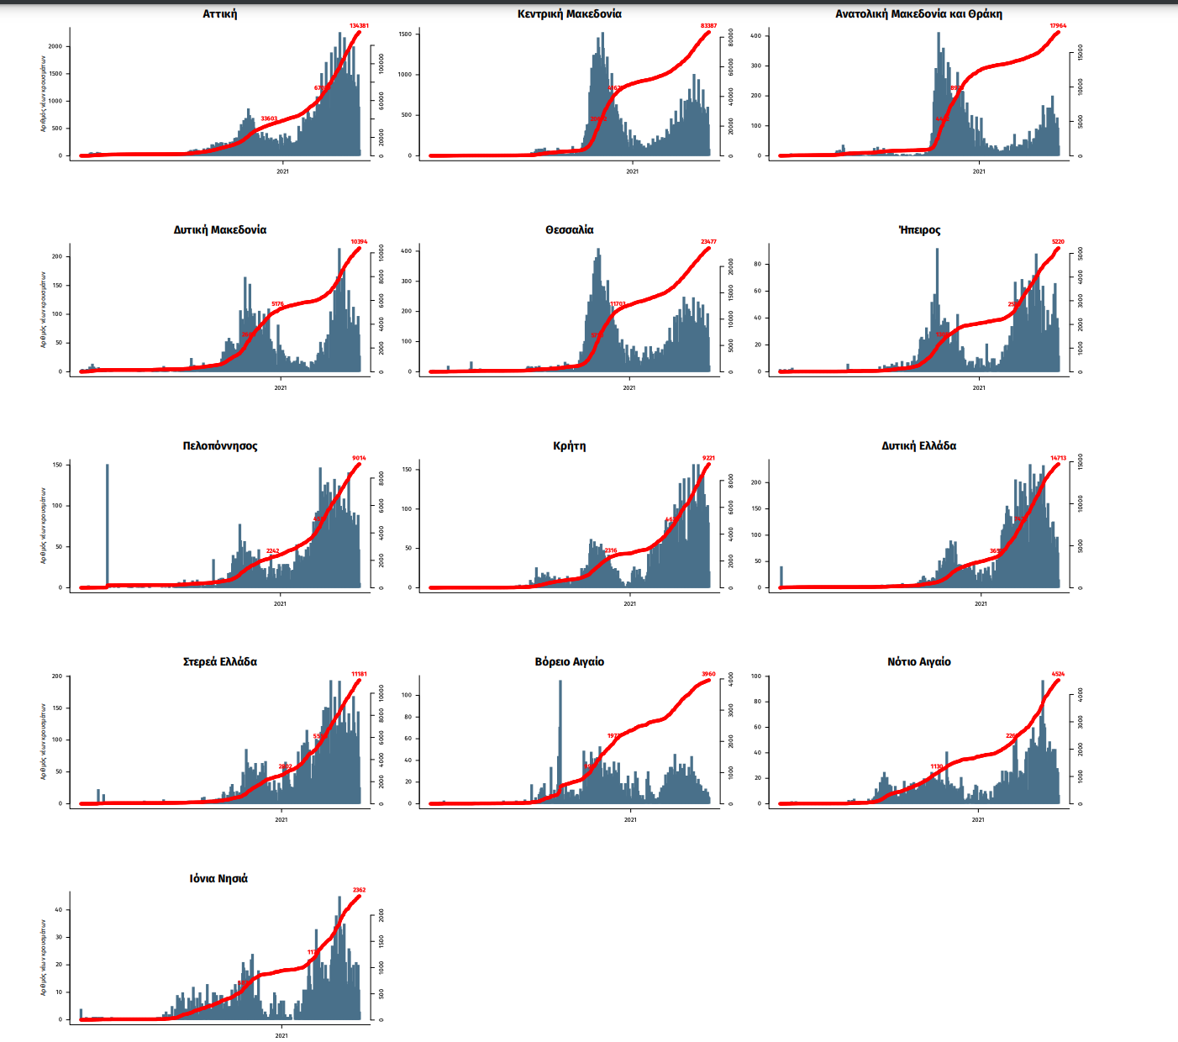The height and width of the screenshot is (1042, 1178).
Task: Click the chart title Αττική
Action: click(x=219, y=13)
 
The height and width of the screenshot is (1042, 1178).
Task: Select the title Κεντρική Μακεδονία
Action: click(x=570, y=13)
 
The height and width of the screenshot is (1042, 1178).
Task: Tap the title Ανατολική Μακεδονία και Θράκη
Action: click(x=918, y=13)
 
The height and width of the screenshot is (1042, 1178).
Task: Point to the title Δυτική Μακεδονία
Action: click(x=220, y=229)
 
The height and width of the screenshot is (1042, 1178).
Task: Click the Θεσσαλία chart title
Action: click(x=570, y=229)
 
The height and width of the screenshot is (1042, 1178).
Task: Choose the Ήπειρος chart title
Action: click(x=919, y=229)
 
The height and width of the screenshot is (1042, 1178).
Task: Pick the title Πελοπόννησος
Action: click(x=220, y=445)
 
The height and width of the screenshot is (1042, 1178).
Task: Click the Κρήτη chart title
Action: click(x=570, y=445)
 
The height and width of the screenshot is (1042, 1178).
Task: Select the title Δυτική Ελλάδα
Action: click(x=918, y=445)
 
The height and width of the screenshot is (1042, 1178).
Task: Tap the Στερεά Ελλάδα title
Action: click(x=220, y=661)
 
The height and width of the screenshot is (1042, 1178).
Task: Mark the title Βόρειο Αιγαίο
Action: click(x=570, y=661)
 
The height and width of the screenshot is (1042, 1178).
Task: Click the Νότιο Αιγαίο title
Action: click(x=919, y=661)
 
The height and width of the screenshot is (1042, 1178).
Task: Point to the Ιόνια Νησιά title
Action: click(x=218, y=878)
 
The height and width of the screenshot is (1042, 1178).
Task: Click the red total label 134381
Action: click(x=359, y=26)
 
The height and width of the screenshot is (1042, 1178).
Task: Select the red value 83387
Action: click(x=708, y=26)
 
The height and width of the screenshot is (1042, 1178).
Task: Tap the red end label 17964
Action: click(x=1058, y=26)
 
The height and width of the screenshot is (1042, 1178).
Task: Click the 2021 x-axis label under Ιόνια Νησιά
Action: click(x=281, y=1035)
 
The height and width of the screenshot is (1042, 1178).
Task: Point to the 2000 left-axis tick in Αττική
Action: click(x=55, y=47)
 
